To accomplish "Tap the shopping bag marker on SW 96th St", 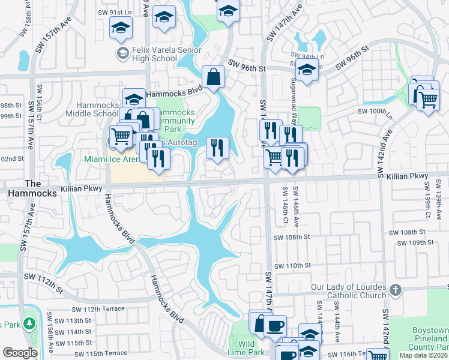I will (214, 77).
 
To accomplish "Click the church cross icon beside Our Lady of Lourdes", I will (394, 290).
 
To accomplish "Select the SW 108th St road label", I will (408, 232).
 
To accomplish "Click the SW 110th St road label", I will (292, 265).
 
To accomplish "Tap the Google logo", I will (20, 353).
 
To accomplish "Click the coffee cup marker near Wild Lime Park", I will (275, 326).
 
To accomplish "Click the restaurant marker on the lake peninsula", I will (217, 147).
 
